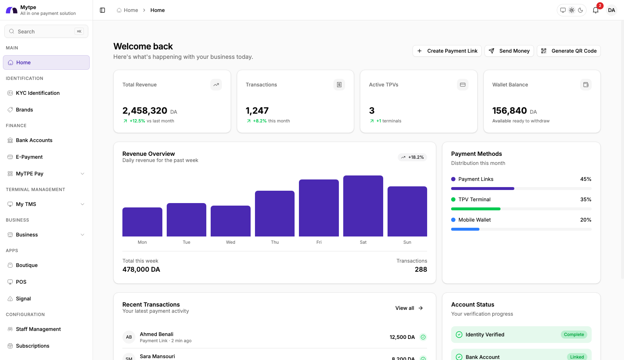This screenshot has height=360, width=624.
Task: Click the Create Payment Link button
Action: click(447, 51)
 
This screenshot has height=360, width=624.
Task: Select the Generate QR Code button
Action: click(568, 51)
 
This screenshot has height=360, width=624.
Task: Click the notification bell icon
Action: click(596, 10)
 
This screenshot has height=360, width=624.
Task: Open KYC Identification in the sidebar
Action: click(38, 93)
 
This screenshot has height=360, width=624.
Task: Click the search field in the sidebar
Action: click(46, 32)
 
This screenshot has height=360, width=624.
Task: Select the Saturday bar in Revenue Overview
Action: click(363, 206)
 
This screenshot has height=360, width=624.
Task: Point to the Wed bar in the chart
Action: click(230, 221)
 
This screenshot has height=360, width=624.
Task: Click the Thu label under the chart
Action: click(275, 242)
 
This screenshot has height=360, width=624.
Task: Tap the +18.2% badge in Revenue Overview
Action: click(412, 157)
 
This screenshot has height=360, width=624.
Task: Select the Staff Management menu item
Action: click(38, 329)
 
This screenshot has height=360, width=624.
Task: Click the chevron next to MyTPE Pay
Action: click(82, 174)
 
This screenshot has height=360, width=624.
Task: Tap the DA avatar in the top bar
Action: click(612, 10)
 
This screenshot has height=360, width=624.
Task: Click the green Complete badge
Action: click(574, 335)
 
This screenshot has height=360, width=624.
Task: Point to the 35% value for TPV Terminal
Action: click(585, 199)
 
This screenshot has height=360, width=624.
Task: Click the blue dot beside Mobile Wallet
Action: click(453, 220)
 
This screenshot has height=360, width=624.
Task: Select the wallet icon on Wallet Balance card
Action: click(585, 85)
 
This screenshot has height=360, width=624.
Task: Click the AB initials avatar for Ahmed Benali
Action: click(129, 337)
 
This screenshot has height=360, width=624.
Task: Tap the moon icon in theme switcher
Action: click(580, 10)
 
